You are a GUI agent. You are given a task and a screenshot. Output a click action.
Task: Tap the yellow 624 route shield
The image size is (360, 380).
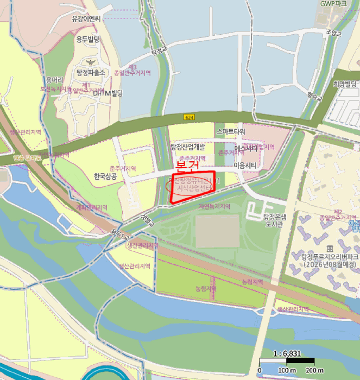point(189,117)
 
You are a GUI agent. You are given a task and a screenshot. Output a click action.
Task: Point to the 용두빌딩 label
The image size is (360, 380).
point(88,40)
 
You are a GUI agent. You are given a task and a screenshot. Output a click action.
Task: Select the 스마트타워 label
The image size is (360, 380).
point(230,131)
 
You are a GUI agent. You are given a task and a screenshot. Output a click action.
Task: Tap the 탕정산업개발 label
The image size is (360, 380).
point(187,147)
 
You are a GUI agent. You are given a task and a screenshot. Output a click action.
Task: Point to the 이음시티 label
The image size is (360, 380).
point(245,164)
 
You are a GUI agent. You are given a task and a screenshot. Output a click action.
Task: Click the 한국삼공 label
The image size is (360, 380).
point(105,176)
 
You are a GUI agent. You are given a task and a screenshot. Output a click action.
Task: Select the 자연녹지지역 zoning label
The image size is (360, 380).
point(214,207)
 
